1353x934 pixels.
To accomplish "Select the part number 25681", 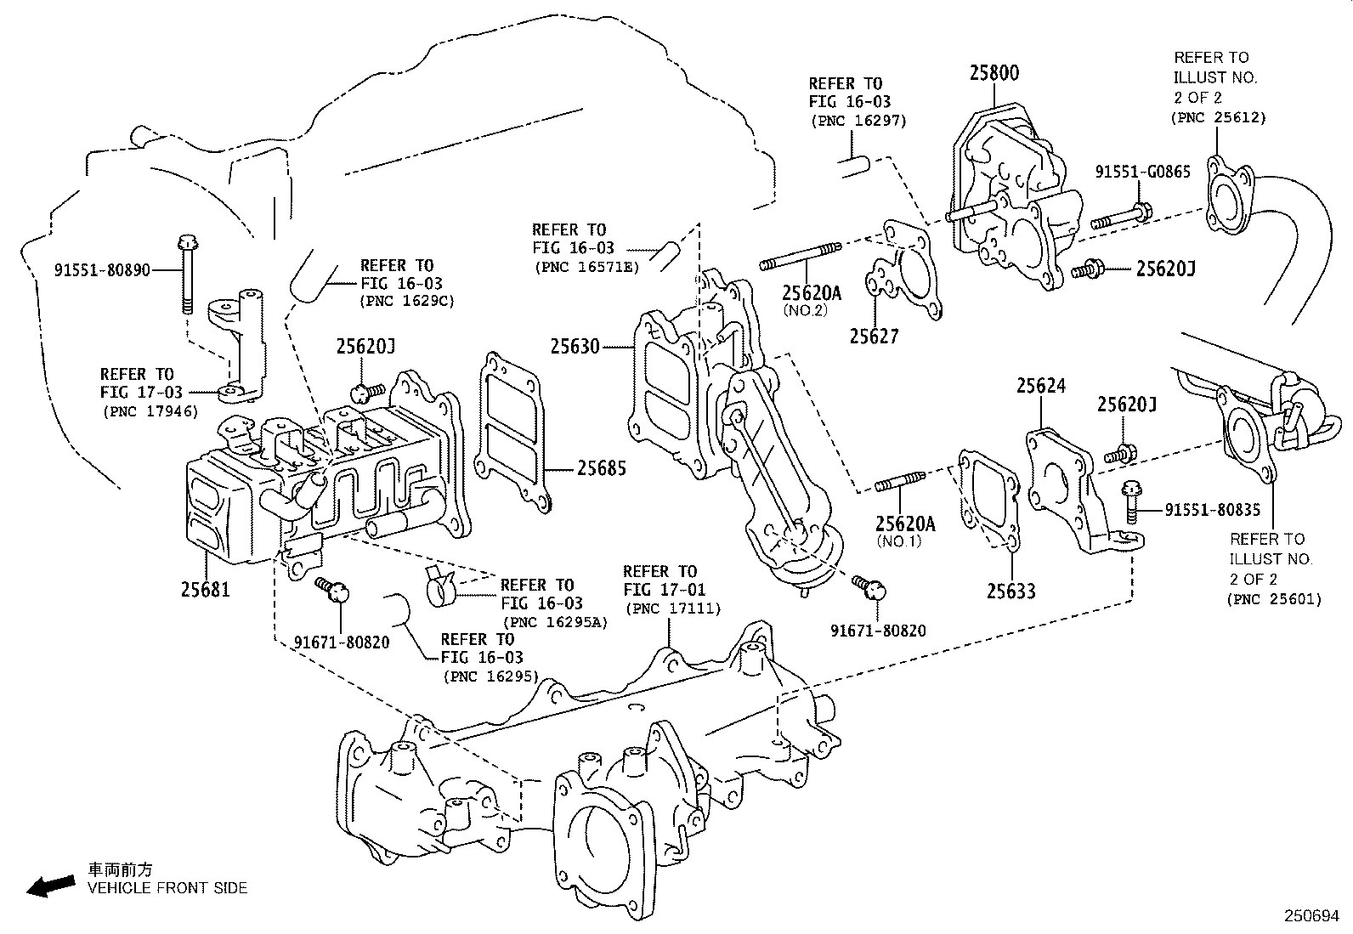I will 205,588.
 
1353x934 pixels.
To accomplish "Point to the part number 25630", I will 575,347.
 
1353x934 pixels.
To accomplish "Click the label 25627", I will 874,337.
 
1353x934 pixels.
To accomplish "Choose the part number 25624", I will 1040,387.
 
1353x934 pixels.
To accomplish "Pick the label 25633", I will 1011,590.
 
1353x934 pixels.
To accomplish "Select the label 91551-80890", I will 102,270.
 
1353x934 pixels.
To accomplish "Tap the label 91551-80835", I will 1212,510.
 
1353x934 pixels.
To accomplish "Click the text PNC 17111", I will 671,609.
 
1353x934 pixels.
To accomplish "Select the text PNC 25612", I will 1218,117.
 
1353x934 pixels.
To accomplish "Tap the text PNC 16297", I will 858,121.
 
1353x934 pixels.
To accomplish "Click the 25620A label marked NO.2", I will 811,293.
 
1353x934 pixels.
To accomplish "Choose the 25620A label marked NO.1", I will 905,524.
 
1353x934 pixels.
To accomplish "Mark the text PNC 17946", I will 150,411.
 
